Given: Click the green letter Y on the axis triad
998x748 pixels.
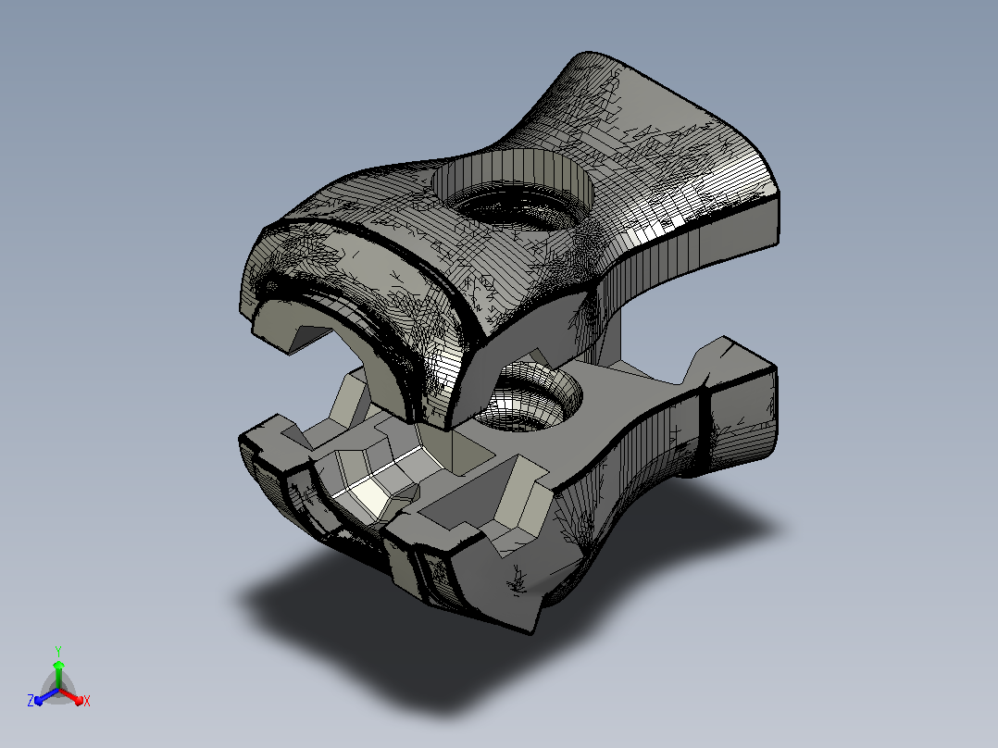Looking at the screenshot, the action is (58, 651).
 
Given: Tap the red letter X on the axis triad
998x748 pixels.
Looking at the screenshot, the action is (87, 701).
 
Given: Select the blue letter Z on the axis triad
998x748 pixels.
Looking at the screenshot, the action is (31, 700).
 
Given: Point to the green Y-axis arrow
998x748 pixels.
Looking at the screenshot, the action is (58, 674).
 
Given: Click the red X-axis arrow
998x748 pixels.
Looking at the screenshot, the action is (70, 696).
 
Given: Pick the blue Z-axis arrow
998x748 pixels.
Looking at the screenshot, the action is (46, 696).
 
